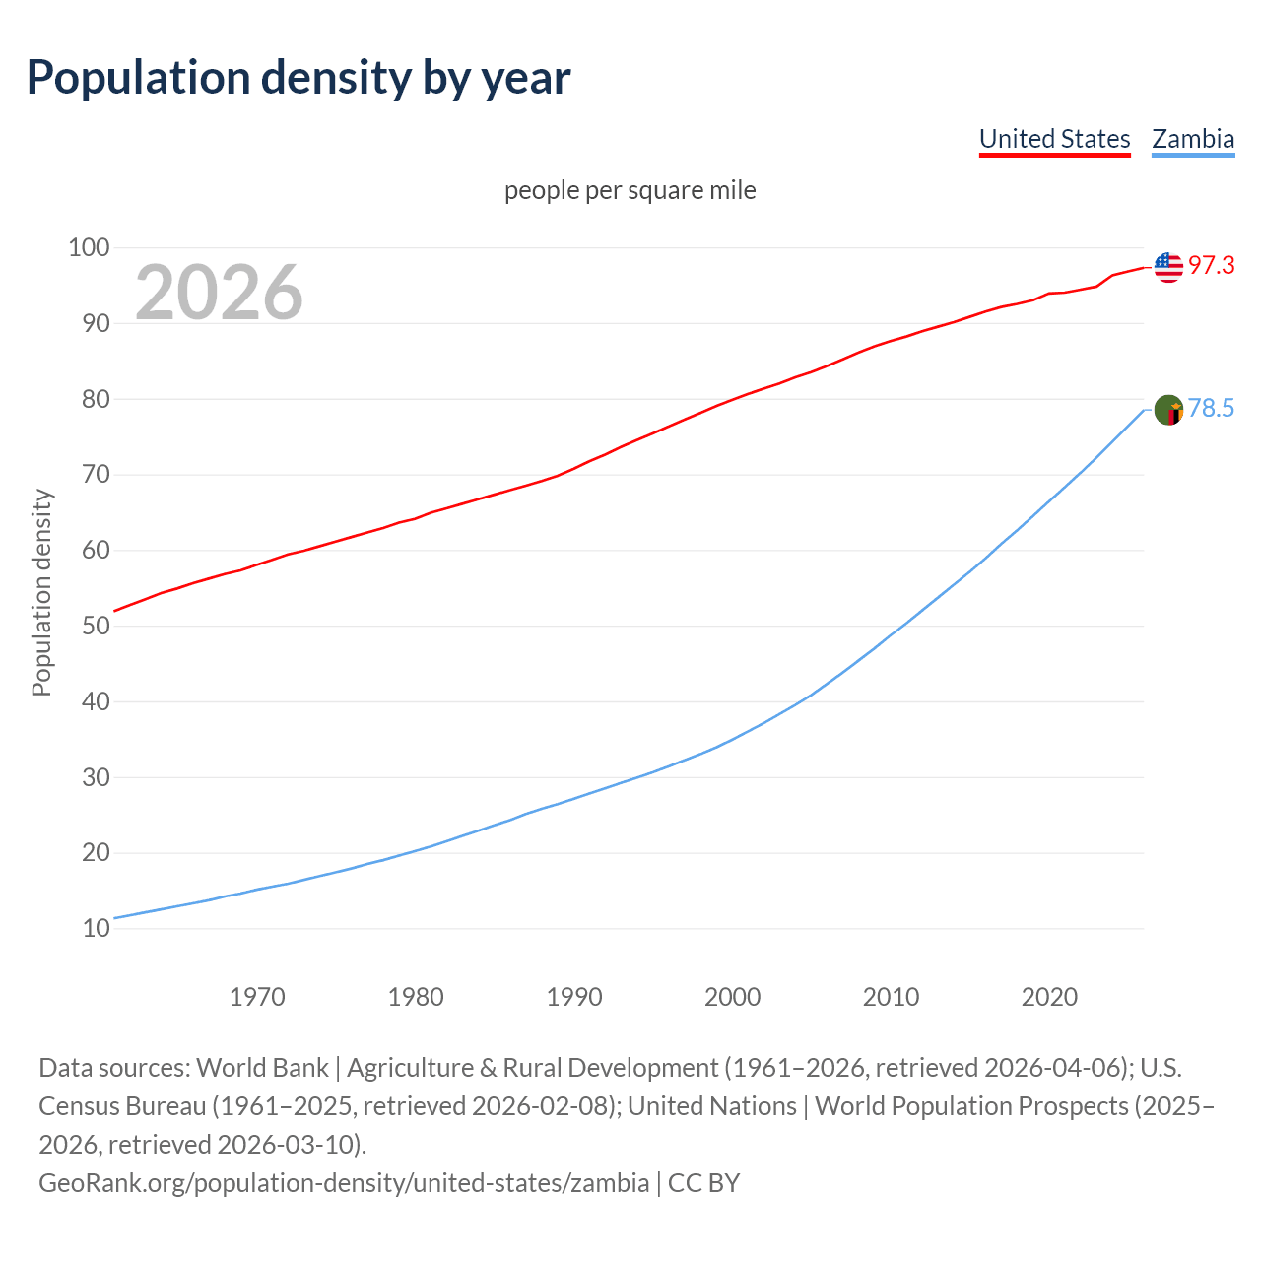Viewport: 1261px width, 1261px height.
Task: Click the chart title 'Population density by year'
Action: pos(299,78)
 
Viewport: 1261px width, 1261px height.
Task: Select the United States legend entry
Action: pos(1054,139)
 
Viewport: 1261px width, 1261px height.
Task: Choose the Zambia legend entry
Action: pos(1193,139)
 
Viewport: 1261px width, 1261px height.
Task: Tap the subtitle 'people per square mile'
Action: pos(630,190)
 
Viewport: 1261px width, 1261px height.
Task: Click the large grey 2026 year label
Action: pos(219,292)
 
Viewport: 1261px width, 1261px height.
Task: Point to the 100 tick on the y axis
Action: pos(89,247)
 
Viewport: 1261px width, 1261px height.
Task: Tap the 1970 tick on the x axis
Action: pos(257,997)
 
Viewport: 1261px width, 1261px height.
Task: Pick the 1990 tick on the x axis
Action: pos(574,997)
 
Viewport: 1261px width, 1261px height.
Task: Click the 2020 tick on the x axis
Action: pos(1049,997)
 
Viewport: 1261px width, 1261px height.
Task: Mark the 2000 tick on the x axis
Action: pos(733,997)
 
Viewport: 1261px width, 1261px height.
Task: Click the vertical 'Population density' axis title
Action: pos(41,592)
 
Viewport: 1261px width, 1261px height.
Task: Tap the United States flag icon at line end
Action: pos(1168,266)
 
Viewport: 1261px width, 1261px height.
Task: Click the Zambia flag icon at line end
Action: pos(1168,409)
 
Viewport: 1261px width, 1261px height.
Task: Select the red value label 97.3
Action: pos(1211,266)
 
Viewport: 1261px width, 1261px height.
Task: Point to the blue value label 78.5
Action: pos(1211,409)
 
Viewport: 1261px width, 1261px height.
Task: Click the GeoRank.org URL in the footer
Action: pos(344,1182)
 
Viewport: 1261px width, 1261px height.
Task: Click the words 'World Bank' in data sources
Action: pos(262,1068)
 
